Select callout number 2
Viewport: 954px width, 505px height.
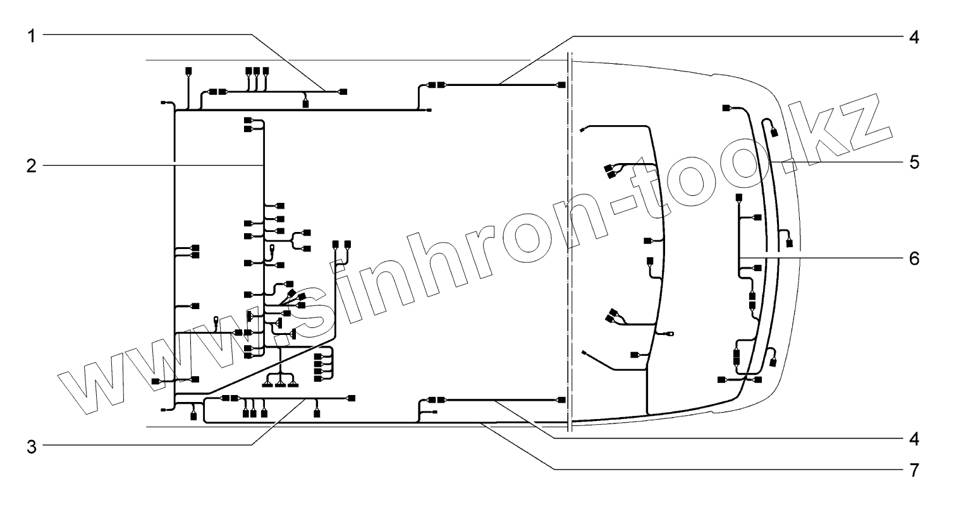(x=31, y=166)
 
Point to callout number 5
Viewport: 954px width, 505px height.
(x=914, y=162)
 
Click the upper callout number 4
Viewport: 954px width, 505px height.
(x=914, y=36)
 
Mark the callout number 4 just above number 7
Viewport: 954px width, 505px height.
(x=914, y=438)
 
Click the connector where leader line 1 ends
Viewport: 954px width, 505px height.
(x=343, y=92)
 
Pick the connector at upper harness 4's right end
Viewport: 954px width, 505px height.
(x=561, y=85)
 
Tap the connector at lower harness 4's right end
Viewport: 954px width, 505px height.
(x=561, y=400)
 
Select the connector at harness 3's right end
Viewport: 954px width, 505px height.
(x=352, y=398)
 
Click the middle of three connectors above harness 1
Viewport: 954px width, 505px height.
(x=257, y=70)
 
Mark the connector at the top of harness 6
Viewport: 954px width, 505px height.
(x=738, y=199)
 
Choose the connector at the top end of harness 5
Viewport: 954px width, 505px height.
(x=727, y=108)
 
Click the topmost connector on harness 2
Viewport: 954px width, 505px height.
(x=247, y=120)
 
